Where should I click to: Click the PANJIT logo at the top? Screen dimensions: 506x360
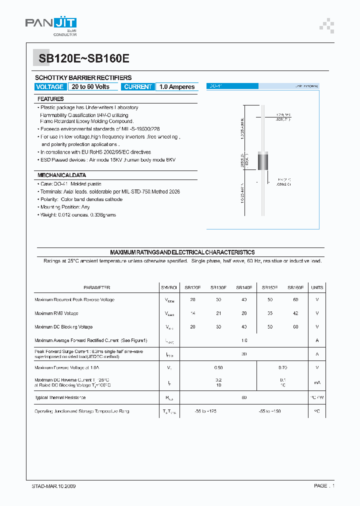tap(50, 25)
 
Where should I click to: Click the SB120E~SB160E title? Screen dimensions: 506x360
tap(84, 58)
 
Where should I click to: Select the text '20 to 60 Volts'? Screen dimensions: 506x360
tap(90, 87)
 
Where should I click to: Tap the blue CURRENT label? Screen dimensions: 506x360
tap(137, 87)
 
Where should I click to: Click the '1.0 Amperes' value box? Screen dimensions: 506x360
tap(176, 87)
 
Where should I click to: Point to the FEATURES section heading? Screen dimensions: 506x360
tap(50, 99)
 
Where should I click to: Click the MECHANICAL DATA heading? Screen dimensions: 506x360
tap(61, 175)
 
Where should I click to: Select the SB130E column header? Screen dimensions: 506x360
tap(218, 287)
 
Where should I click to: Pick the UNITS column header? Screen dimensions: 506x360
tap(317, 287)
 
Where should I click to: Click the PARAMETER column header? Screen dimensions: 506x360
tap(96, 287)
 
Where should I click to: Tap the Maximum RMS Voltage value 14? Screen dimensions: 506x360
tap(192, 313)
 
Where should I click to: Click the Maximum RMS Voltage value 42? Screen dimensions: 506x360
tap(295, 313)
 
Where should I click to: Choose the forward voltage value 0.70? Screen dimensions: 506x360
tap(282, 367)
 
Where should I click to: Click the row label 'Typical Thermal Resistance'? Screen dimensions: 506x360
tap(60, 397)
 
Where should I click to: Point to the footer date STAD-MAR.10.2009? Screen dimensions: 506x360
tap(50, 486)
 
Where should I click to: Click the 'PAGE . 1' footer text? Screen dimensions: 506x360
tap(324, 486)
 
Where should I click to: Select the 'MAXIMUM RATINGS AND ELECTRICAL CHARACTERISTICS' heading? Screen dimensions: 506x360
tap(182, 252)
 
